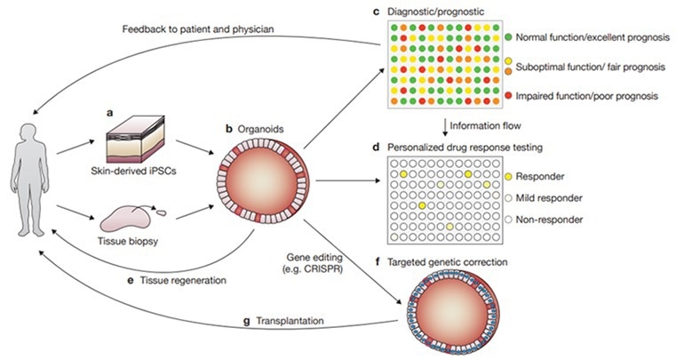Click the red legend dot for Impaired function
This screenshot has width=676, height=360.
(508, 94)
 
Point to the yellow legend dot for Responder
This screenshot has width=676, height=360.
(508, 177)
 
